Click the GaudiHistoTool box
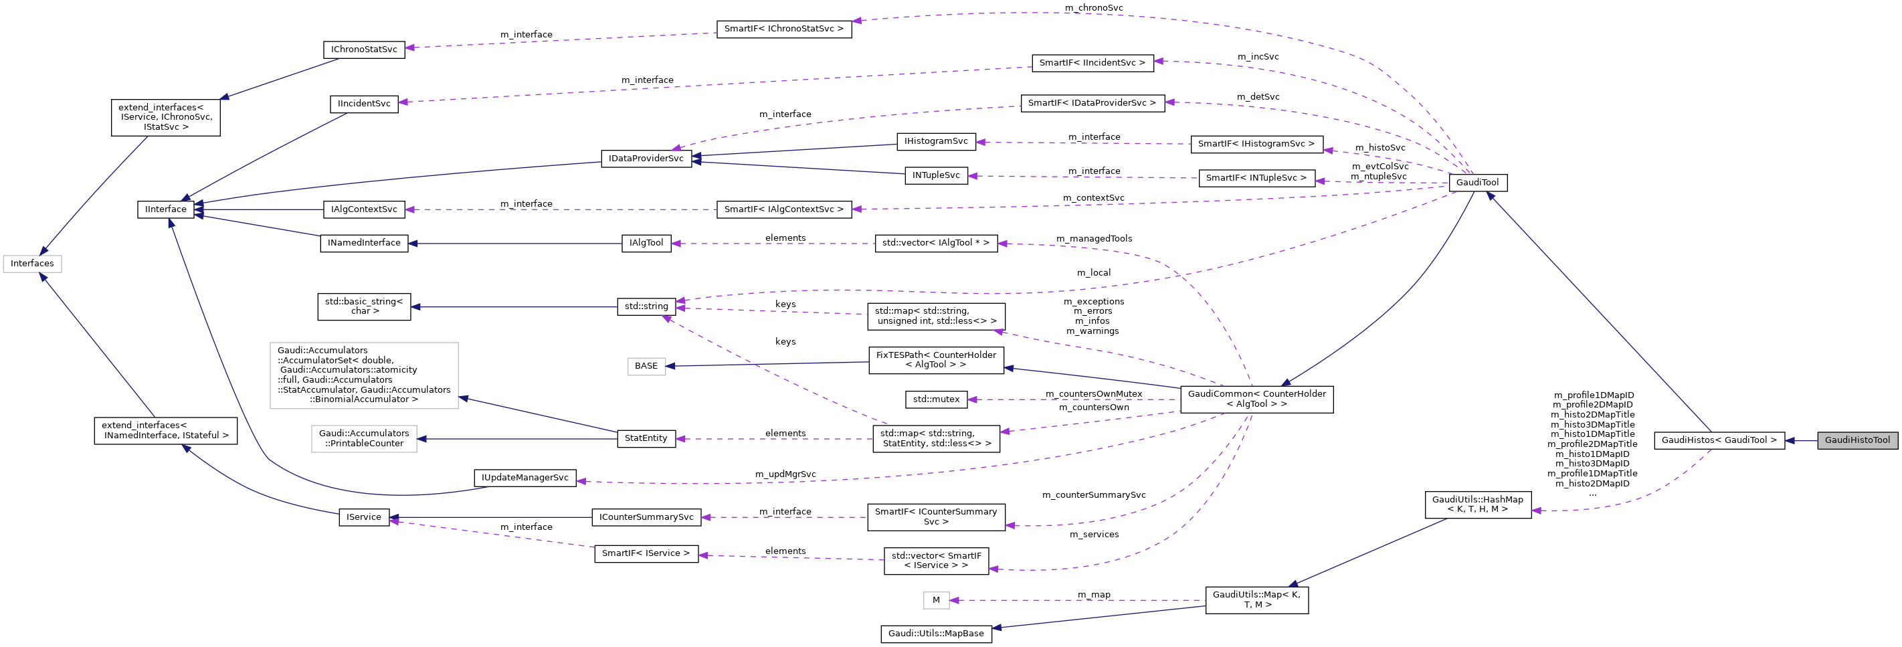click(x=1857, y=440)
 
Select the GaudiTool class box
click(x=1477, y=183)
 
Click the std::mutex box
click(x=935, y=399)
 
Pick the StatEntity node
click(x=646, y=439)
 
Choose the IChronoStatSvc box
click(x=363, y=50)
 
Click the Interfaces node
click(x=31, y=264)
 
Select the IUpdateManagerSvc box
click(x=525, y=478)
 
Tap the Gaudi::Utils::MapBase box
click(x=935, y=634)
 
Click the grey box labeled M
click(x=935, y=600)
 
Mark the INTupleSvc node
click(x=935, y=176)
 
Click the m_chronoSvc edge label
click(x=1094, y=8)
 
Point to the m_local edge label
click(x=1094, y=272)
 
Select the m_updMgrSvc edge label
click(x=785, y=474)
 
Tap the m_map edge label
click(x=1094, y=595)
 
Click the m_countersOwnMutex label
click(x=1094, y=394)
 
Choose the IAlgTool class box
click(x=646, y=243)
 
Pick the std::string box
click(x=646, y=306)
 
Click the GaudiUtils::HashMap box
click(x=1477, y=504)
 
